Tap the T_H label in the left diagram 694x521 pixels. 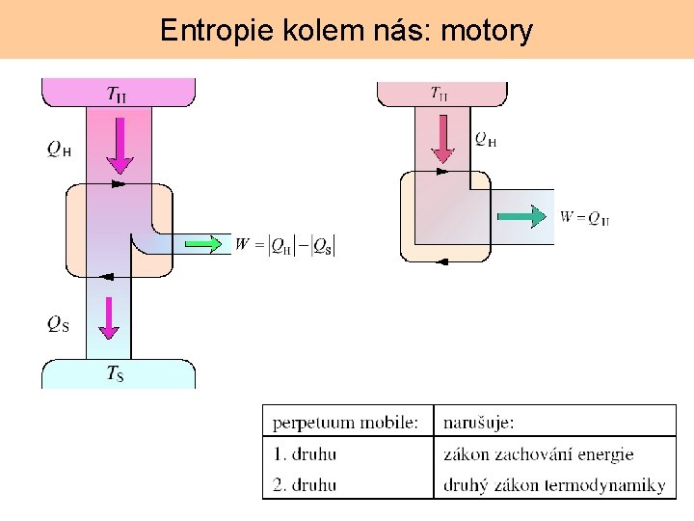pyautogui.click(x=117, y=94)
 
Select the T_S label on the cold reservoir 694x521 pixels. pyautogui.click(x=115, y=373)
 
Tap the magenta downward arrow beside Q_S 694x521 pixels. pyautogui.click(x=109, y=317)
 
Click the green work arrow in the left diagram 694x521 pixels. pyautogui.click(x=203, y=244)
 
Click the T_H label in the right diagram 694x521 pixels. pyautogui.click(x=439, y=94)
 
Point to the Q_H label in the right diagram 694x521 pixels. pyautogui.click(x=485, y=140)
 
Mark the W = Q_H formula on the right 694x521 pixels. pyautogui.click(x=584, y=217)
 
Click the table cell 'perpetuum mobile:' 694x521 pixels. pyautogui.click(x=346, y=423)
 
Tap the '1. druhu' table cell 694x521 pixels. pyautogui.click(x=305, y=453)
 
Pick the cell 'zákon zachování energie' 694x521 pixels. pyautogui.click(x=538, y=453)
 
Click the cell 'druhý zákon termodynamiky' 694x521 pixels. pyautogui.click(x=554, y=484)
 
